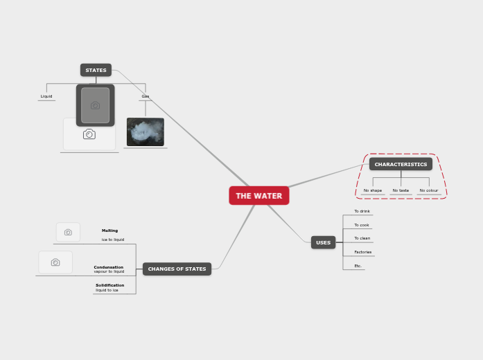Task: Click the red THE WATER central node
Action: tap(258, 196)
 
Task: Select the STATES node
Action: tap(96, 70)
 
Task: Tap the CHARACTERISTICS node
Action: tap(401, 164)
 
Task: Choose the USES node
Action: tap(323, 242)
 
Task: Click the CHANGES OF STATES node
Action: tap(177, 269)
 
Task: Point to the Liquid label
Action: tap(46, 96)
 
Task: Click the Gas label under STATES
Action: tap(146, 96)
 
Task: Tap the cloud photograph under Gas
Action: tap(146, 132)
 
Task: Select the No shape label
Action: tap(373, 190)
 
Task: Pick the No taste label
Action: tap(401, 190)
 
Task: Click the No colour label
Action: tap(429, 190)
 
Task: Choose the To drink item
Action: tap(362, 211)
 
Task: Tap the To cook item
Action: tap(362, 225)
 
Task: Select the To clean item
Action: tap(362, 238)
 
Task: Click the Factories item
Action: tap(363, 252)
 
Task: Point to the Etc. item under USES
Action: tap(358, 265)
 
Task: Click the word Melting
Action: tap(109, 231)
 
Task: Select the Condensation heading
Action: tap(109, 267)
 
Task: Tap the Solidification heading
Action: tap(110, 285)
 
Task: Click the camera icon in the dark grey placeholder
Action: tap(96, 105)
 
